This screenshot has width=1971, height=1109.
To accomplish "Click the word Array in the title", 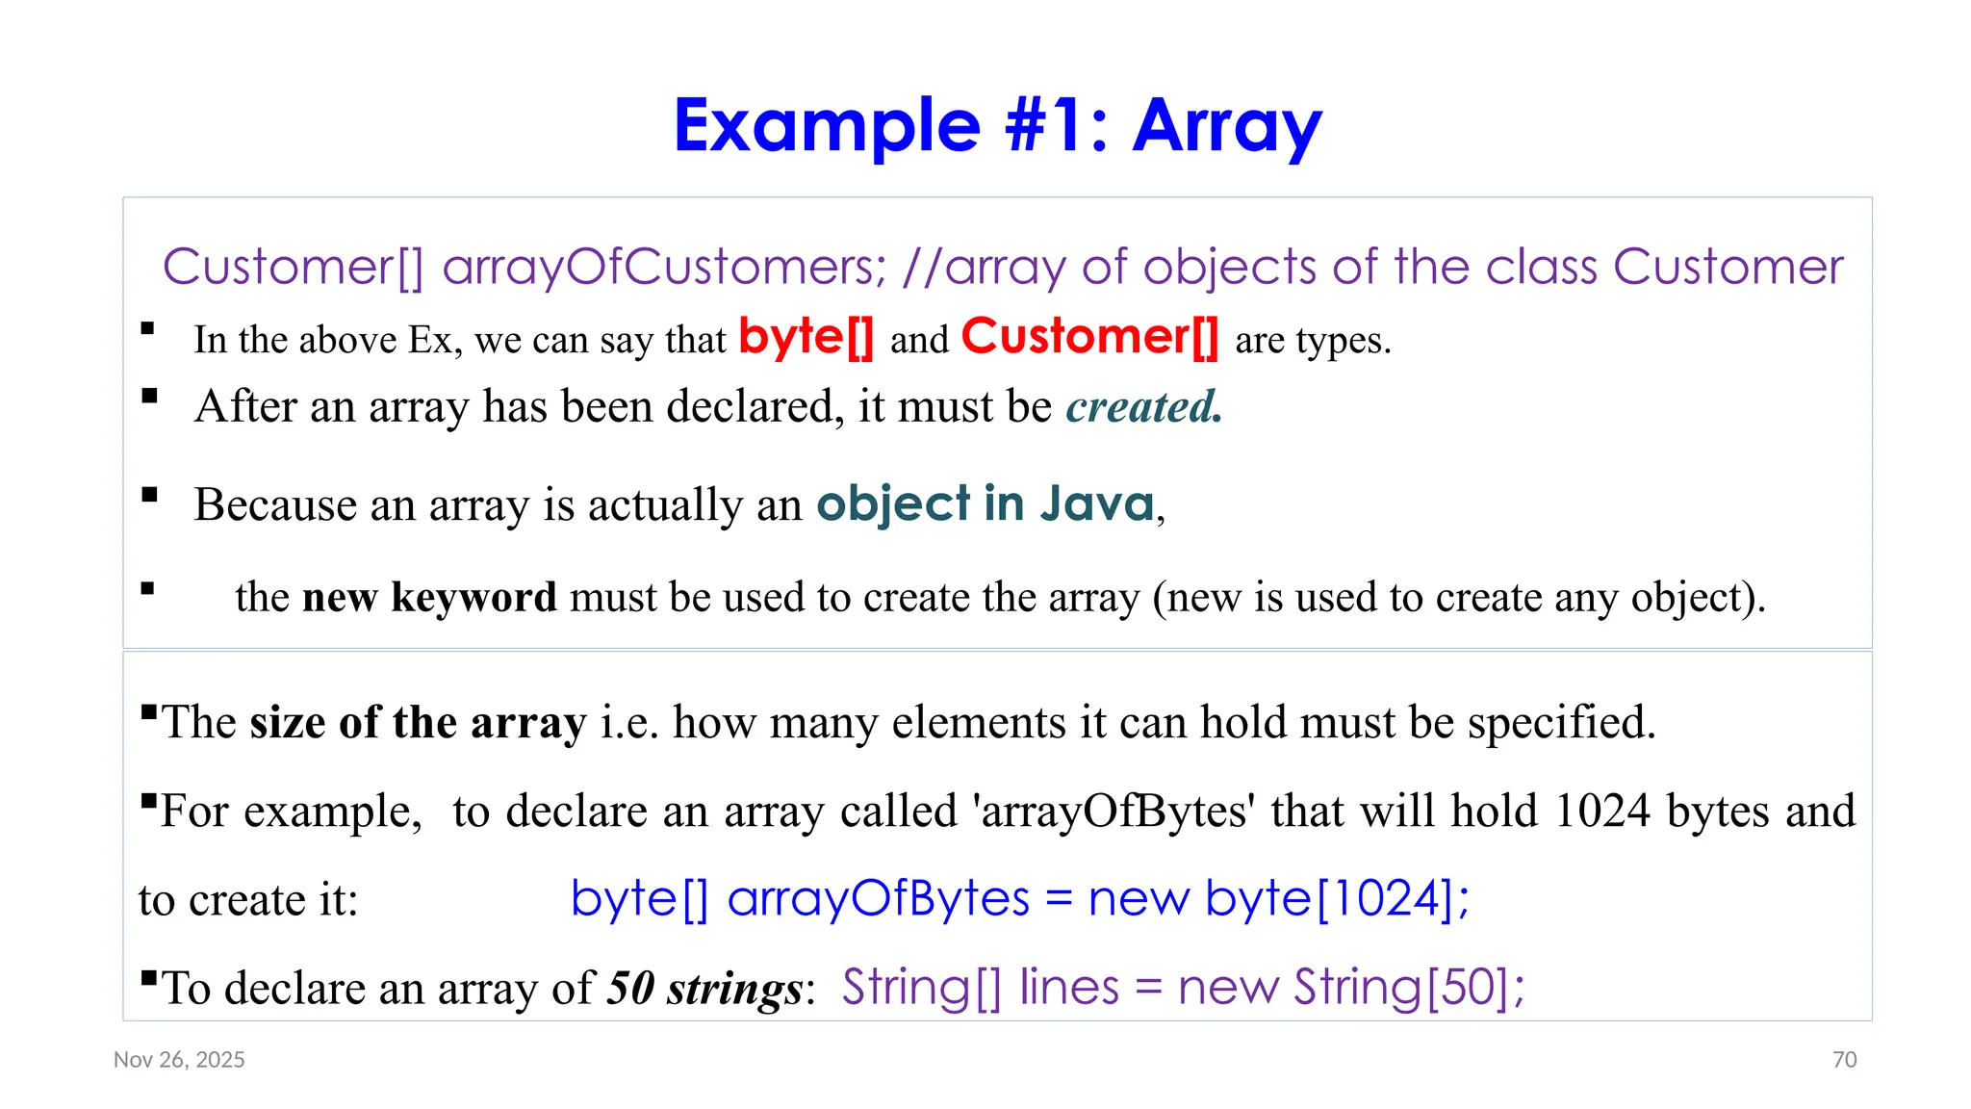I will pyautogui.click(x=1227, y=126).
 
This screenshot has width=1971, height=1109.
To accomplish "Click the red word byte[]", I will pyautogui.click(x=806, y=338).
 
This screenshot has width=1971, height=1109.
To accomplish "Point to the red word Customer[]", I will pyautogui.click(x=1089, y=338).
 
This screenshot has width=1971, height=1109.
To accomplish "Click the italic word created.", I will pyautogui.click(x=1143, y=406).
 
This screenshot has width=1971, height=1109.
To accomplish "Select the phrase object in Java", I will pyautogui.click(x=985, y=503).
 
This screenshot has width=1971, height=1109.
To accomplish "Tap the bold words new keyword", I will pyautogui.click(x=429, y=597).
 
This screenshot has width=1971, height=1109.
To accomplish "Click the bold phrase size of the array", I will pyautogui.click(x=418, y=722).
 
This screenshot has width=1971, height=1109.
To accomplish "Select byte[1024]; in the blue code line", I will pyautogui.click(x=1337, y=899).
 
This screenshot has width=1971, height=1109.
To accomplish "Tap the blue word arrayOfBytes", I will pyautogui.click(x=879, y=899).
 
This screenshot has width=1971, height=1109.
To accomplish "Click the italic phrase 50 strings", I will pyautogui.click(x=704, y=988).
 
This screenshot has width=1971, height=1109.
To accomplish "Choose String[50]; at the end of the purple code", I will pyautogui.click(x=1409, y=988).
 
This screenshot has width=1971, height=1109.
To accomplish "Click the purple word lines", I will pyautogui.click(x=1069, y=988).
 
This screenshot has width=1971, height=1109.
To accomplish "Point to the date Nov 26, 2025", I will pyautogui.click(x=179, y=1060).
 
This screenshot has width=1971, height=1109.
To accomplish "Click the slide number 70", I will pyautogui.click(x=1844, y=1060).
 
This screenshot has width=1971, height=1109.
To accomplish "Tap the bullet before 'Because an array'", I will pyautogui.click(x=149, y=496).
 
